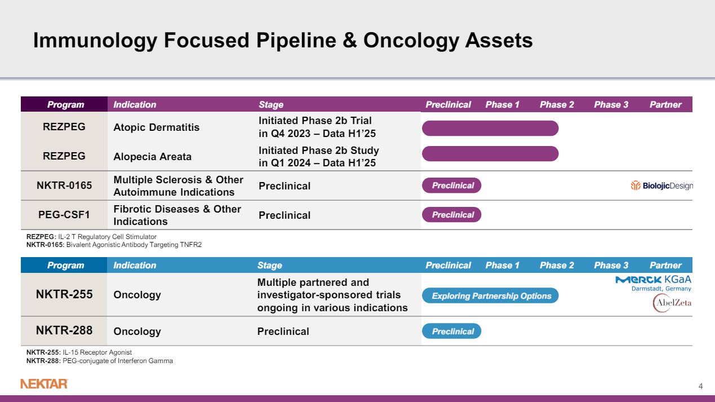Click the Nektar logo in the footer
coord(44,384)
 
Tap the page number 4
coord(700,386)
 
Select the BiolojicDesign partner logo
coord(661,186)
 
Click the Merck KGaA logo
coord(654,283)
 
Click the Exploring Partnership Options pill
coord(490,296)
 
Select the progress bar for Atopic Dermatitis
coord(490,128)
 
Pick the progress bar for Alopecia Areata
coord(490,153)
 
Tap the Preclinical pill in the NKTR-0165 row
coord(452,185)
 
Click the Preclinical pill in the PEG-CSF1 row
coord(452,215)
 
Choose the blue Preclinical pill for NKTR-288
coord(452,332)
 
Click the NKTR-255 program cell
coord(64,294)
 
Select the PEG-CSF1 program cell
coord(64,215)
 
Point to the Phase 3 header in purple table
coord(611,104)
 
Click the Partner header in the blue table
coord(665,265)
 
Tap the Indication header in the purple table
coord(135,104)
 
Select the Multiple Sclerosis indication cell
coord(178,185)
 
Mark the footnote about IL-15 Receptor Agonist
coord(79,352)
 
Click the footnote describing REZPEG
coord(91,237)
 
